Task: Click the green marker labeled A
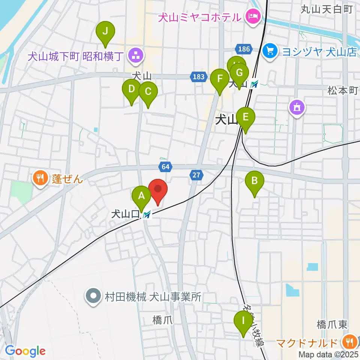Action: coord(141,196)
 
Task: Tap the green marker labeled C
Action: coord(148,91)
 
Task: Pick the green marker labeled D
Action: coord(132,90)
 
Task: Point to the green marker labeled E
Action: coord(245,117)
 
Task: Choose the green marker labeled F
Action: coord(220,79)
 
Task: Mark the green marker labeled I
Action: coord(243,321)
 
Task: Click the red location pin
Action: coord(158,189)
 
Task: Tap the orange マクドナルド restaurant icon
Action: coord(349,342)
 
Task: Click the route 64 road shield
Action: coord(165,166)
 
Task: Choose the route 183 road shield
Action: coord(199,77)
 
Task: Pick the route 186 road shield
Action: coord(243,48)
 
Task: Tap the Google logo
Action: coord(25,351)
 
